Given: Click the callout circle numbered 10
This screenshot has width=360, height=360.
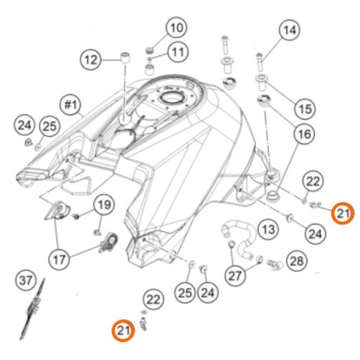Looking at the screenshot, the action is (176, 27).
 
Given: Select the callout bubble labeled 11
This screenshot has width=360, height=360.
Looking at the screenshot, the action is (178, 52).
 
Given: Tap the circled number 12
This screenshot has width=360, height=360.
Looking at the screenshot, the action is (91, 60).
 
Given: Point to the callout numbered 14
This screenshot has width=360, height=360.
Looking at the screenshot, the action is (289, 30).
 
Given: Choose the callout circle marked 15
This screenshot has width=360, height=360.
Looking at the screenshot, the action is (305, 109).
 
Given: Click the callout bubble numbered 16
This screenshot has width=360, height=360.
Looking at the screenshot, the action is (305, 134).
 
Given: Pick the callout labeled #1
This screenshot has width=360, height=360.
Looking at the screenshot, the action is (71, 105).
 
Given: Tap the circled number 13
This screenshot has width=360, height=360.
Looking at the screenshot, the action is (269, 230).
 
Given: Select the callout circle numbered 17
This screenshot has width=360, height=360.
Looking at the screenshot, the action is (59, 260).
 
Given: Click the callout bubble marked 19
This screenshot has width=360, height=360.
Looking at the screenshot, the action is (104, 205).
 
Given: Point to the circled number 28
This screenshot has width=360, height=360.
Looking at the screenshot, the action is (297, 261).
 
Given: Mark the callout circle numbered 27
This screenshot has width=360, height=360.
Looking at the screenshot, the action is (235, 276).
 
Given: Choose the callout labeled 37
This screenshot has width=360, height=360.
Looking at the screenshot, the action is (26, 280).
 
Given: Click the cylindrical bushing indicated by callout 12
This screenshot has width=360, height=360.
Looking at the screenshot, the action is (124, 58).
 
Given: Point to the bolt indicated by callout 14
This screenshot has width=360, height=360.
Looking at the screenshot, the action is (259, 63).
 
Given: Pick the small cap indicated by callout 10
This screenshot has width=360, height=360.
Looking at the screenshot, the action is (150, 50).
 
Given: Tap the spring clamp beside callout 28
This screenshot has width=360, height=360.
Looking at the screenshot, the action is (275, 264).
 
